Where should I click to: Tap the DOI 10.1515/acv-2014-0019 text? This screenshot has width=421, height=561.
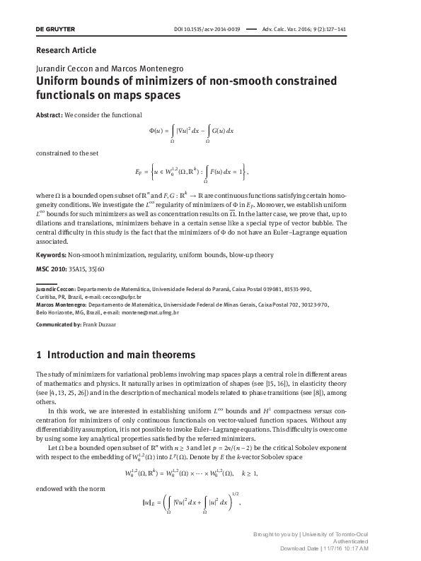tap(207, 29)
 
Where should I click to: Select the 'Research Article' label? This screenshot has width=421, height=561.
tap(66, 50)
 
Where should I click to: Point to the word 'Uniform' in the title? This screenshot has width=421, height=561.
tap(60, 81)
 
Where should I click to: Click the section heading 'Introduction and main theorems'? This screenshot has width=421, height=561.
tap(126, 355)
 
